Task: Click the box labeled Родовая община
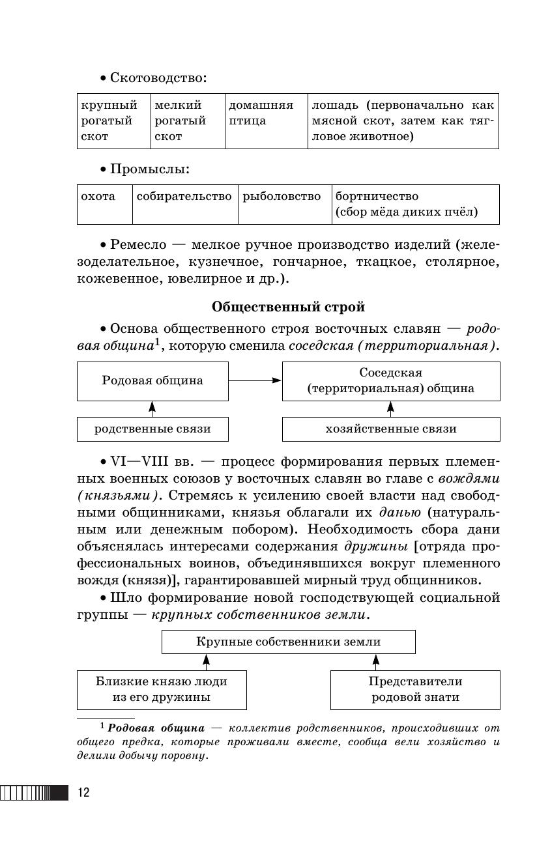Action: (x=152, y=381)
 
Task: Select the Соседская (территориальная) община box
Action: (x=391, y=381)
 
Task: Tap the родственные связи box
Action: (x=152, y=429)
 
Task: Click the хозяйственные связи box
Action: (x=391, y=429)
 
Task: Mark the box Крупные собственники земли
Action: (x=289, y=642)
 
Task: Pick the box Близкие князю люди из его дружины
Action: (x=162, y=689)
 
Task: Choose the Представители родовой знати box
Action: (x=415, y=689)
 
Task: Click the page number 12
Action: (x=83, y=793)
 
